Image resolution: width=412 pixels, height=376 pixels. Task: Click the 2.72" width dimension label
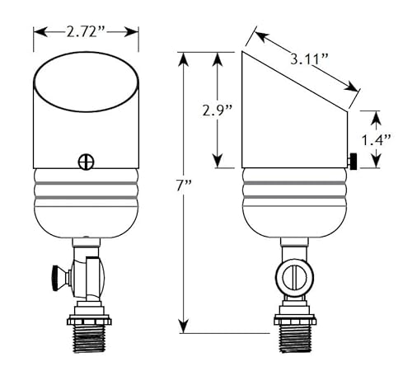pos(86,31)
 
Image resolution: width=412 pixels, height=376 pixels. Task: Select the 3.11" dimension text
pos(309,59)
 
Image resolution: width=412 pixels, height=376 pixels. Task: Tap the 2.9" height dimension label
pos(218,110)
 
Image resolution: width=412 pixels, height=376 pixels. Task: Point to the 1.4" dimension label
pos(376,140)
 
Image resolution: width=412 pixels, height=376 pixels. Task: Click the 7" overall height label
pos(184,186)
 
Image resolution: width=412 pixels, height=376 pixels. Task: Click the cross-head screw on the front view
pos(87,162)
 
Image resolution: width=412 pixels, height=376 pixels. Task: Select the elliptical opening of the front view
pos(87,82)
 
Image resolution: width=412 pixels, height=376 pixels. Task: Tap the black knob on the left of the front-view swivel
pos(56,278)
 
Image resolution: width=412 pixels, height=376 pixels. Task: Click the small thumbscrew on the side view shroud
pos(353,162)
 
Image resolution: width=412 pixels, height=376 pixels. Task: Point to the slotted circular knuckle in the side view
pos(295,277)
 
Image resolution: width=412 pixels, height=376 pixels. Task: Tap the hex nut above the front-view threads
pos(89,321)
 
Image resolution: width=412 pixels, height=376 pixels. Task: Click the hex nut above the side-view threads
pos(295,320)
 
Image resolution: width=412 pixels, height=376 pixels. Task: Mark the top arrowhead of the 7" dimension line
pos(183,59)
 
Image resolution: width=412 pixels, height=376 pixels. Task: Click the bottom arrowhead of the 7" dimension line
pos(183,327)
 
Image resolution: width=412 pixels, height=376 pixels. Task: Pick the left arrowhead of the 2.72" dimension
pos(40,32)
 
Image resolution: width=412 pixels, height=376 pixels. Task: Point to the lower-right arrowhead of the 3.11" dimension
pos(352,86)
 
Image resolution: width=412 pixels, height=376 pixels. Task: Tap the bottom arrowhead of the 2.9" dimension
pos(218,161)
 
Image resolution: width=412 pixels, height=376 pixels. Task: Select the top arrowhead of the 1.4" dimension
pos(377,119)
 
